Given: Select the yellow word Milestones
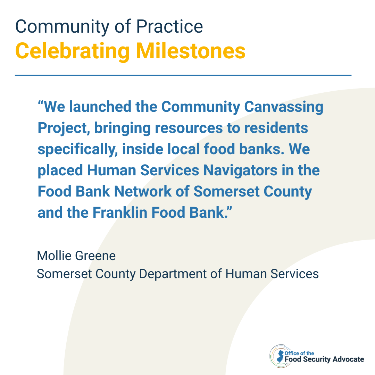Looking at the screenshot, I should (x=191, y=51).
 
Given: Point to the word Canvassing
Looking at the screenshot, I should (x=284, y=107).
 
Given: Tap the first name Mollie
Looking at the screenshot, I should (x=54, y=256).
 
